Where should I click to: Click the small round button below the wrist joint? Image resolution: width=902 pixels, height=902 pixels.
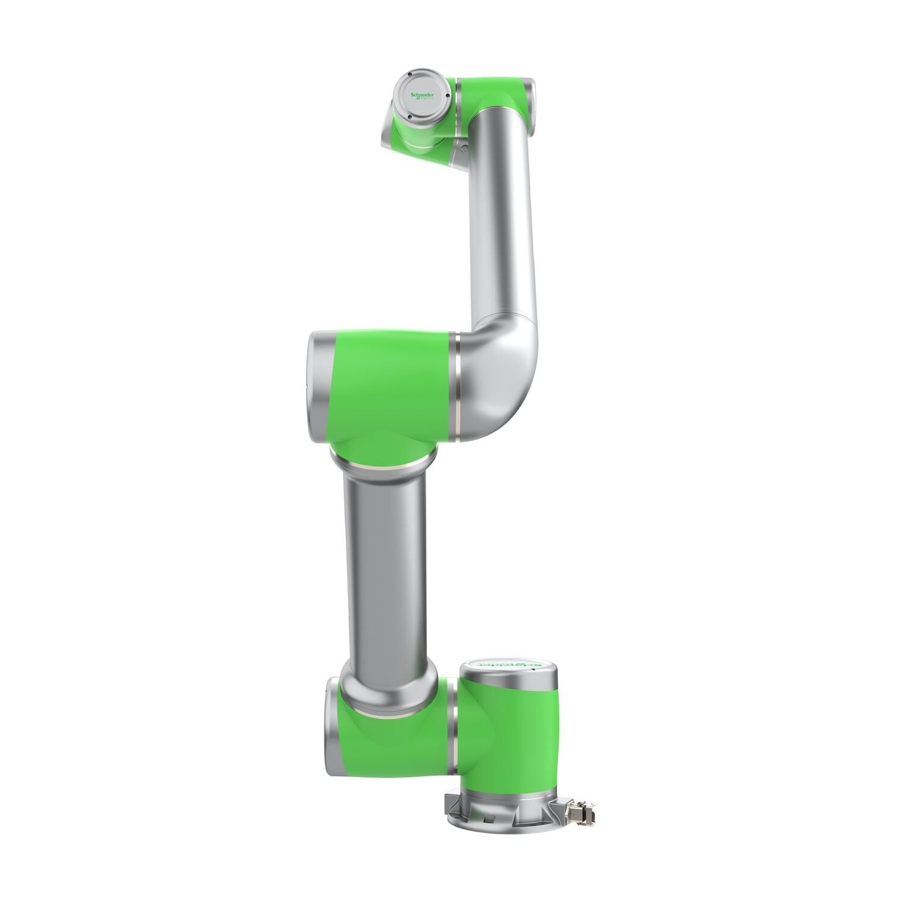tap(461, 146)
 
